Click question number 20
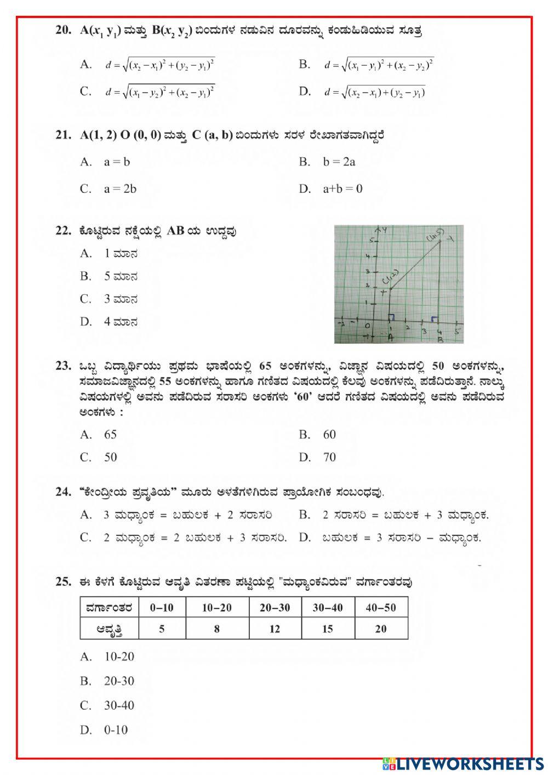click(x=63, y=31)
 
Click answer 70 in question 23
click(x=329, y=457)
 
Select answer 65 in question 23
click(x=110, y=435)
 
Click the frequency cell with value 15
click(x=327, y=629)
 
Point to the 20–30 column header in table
click(x=275, y=608)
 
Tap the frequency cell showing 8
click(x=217, y=629)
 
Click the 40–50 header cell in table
click(x=381, y=608)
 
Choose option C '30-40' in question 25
click(x=119, y=706)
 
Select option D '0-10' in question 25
click(x=116, y=730)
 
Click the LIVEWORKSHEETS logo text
click(x=469, y=763)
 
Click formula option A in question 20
click(x=159, y=65)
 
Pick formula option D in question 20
click(x=375, y=93)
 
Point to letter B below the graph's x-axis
click(x=440, y=339)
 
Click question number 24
click(x=63, y=492)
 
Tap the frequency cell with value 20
click(x=381, y=629)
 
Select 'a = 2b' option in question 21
click(x=120, y=189)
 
